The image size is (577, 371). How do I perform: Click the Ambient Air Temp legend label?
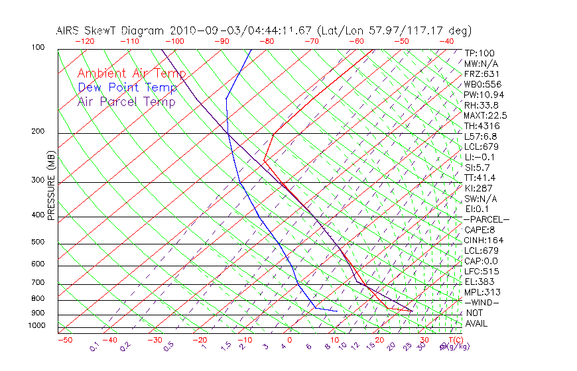pos(131,74)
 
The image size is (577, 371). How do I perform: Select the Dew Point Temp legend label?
pos(127,87)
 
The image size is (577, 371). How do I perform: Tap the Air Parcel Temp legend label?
pos(127,101)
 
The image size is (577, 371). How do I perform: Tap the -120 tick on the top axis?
pos(84,41)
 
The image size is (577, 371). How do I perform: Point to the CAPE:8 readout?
pos(480,230)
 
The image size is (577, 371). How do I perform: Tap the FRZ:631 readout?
pos(480,74)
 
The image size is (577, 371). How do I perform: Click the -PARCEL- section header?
pos(486,219)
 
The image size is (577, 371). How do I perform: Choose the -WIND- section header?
pos(481,302)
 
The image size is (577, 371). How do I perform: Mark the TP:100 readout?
pos(479,53)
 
